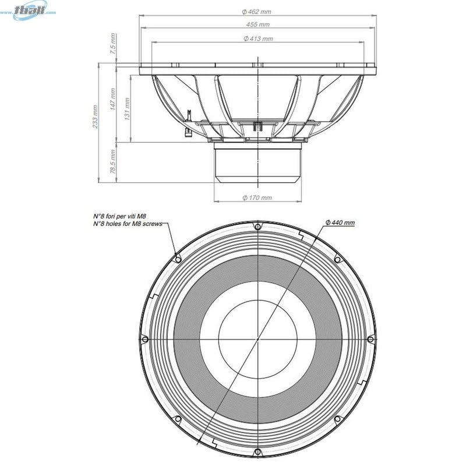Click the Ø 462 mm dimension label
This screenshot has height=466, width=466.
pos(257,11)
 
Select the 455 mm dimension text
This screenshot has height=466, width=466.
pos(257,24)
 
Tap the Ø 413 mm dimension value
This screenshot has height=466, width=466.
pos(257,38)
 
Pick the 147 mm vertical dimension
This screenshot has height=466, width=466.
pos(112,99)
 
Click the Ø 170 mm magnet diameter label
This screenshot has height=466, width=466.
pos(257,198)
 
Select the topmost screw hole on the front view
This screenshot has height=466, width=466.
pos(257,225)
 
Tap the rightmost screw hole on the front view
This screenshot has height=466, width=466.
pos(370,338)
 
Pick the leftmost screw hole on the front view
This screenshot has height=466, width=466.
pos(144,338)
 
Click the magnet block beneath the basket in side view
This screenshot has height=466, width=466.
pos(257,163)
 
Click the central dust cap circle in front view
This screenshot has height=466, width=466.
pos(257,338)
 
